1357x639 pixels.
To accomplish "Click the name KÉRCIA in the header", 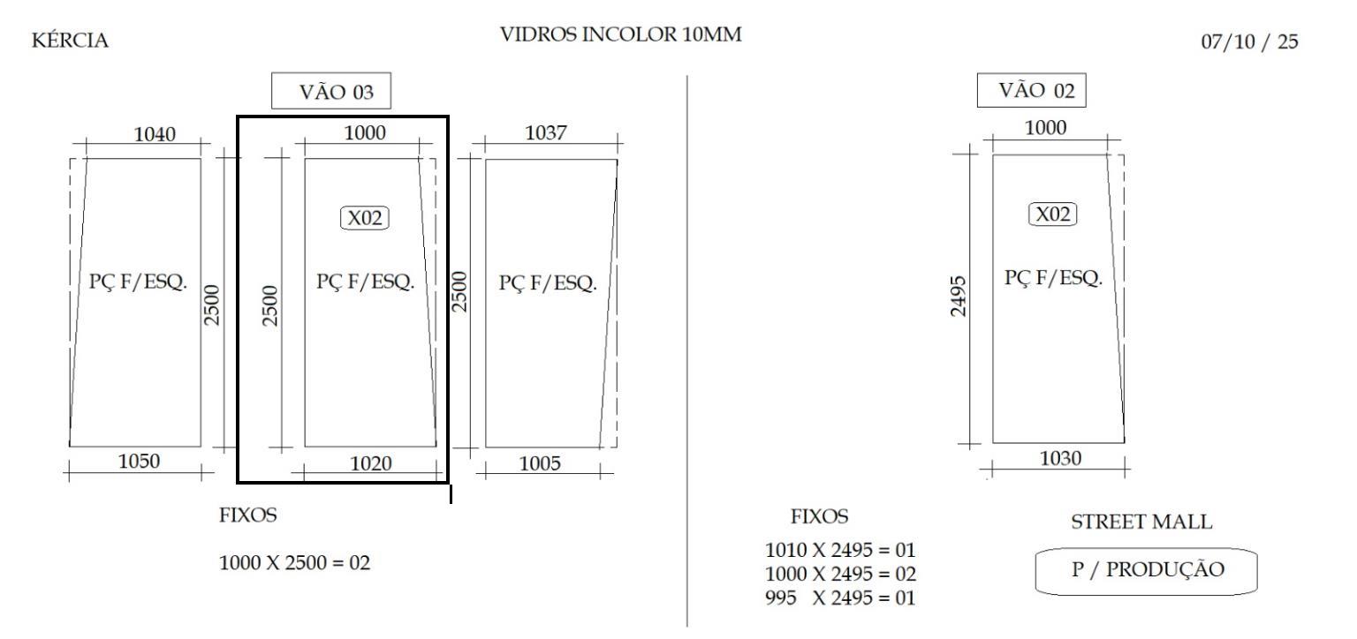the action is coord(70,40).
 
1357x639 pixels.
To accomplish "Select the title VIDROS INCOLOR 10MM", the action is coord(620,34).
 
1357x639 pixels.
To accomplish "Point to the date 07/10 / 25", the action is coord(1249,41).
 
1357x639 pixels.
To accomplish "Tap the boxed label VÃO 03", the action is coord(330,91).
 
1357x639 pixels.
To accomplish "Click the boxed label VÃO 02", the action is coord(1031,90).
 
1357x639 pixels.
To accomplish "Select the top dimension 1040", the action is coord(155,134).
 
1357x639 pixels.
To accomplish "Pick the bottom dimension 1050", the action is coord(139,461).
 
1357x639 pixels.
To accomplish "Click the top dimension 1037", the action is coord(545,132).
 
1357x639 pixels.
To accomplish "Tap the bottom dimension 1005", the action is coord(540,463).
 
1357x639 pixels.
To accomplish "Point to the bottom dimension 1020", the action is coord(371,463).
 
